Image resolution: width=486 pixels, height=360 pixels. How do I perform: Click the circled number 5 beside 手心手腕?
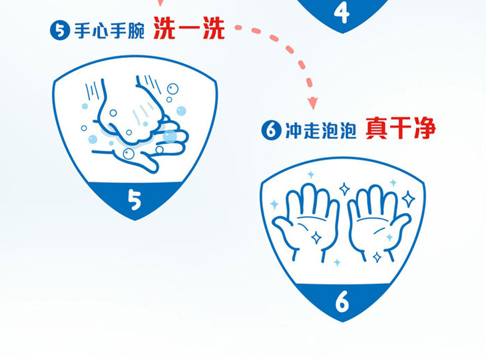60,30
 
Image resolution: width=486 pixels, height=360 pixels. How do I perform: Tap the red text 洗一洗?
189,28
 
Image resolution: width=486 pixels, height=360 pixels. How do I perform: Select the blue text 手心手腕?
109,31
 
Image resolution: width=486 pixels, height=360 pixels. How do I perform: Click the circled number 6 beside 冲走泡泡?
271,130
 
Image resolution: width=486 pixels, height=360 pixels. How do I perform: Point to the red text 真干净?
401,128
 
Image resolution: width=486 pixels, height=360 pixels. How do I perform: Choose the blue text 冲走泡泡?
321,130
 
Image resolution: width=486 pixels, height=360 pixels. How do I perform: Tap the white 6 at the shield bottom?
342,301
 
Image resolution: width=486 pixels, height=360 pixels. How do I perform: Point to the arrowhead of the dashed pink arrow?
313,103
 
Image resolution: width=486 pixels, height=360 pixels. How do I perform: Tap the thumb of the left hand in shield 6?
283,230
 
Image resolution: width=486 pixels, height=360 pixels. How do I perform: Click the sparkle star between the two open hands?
344,188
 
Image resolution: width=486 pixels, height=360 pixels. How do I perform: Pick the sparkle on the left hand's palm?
316,238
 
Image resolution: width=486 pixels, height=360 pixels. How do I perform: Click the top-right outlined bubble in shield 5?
172,89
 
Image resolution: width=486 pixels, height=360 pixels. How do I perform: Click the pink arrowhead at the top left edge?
160,3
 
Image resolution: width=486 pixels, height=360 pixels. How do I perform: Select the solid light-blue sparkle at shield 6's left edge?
274,204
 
